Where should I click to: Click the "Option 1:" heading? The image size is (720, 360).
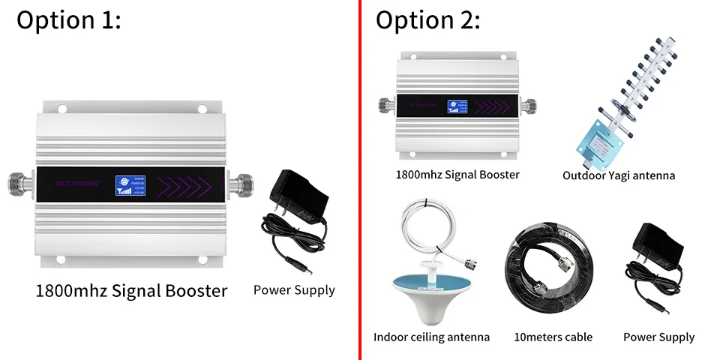(x=68, y=20)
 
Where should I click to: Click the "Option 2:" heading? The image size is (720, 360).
(x=427, y=20)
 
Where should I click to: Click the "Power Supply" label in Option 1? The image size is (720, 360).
(x=294, y=290)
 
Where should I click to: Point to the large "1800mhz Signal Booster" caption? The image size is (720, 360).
(x=131, y=290)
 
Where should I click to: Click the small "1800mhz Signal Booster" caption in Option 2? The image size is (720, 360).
(x=457, y=175)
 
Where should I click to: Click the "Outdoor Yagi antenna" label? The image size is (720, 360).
(x=619, y=175)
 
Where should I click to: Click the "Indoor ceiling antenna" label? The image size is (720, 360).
(x=431, y=337)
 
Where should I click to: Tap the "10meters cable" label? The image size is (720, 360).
(x=553, y=337)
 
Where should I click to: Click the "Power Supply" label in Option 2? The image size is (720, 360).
(x=658, y=337)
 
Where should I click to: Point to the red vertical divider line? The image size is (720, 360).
(x=360, y=180)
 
